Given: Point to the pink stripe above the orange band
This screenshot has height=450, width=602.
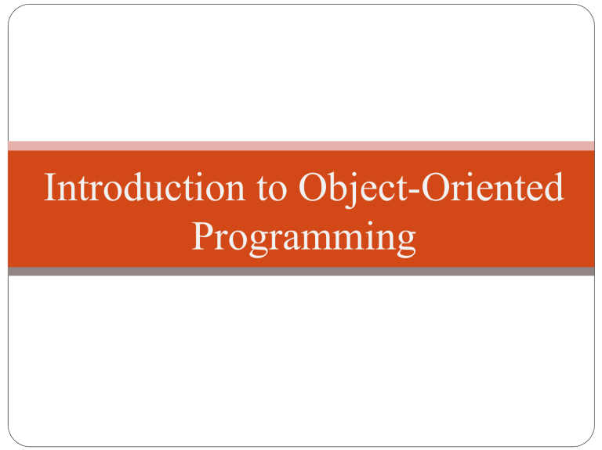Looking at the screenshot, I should (x=301, y=146).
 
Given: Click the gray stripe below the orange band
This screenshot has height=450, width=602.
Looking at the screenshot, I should (x=301, y=272).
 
